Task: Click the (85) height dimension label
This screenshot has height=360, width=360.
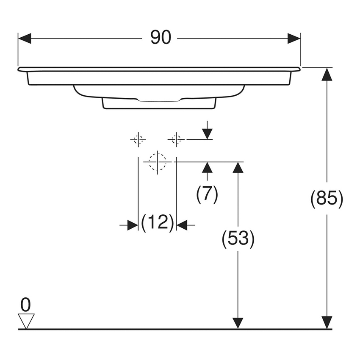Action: (326, 199)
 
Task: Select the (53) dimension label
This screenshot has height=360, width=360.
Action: (238, 240)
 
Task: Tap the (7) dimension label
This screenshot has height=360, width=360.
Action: (207, 194)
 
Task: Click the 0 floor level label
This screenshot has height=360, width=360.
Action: (26, 305)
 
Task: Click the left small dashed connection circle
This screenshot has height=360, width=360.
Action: (138, 139)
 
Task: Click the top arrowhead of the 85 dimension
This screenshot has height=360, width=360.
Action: (326, 74)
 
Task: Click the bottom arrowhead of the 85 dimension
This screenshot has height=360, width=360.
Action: (326, 323)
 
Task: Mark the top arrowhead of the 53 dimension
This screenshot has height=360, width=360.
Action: (238, 168)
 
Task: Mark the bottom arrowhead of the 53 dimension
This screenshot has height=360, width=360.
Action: (238, 323)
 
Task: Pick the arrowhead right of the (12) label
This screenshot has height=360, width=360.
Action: (182, 225)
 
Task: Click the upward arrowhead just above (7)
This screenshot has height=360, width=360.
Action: (207, 167)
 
